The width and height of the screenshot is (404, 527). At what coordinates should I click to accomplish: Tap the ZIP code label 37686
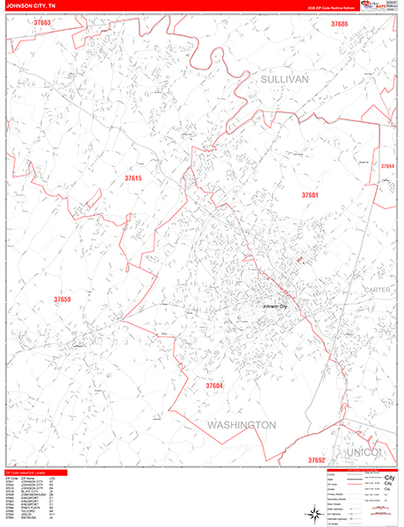coord(340,24)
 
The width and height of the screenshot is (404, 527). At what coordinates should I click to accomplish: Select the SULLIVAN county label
coord(285,79)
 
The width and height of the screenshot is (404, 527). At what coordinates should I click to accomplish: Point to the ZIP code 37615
coord(133,178)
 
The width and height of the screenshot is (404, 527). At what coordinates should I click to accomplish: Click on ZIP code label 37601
coord(310,195)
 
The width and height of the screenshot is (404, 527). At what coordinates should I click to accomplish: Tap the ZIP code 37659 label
coord(62,300)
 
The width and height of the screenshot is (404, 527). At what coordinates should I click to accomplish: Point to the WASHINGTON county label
coord(242,424)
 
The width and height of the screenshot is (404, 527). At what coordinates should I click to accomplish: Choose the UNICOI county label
coord(366,451)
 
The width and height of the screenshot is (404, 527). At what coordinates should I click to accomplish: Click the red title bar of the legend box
coord(357,468)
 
